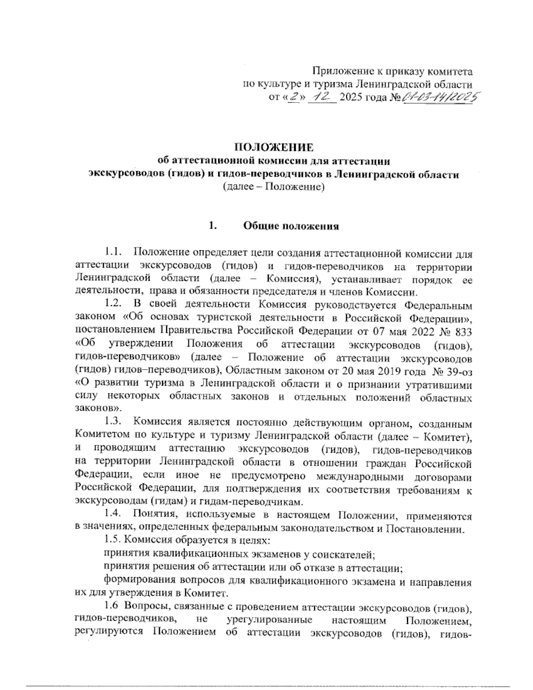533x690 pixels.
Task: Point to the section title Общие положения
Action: click(291, 226)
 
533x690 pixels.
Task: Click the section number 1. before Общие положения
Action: click(212, 226)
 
